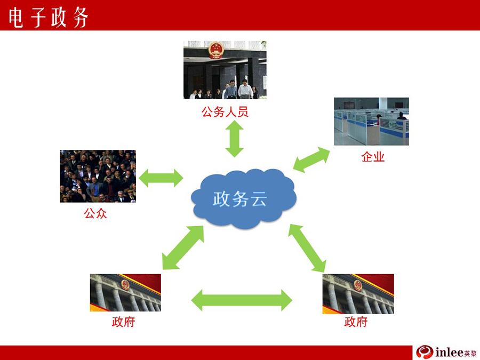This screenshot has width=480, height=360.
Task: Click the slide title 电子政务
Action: (49, 17)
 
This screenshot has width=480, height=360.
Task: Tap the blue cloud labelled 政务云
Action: (243, 198)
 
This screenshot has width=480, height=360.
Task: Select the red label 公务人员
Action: (225, 112)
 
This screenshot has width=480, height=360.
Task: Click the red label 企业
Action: (373, 157)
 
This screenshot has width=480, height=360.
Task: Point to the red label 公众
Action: (95, 213)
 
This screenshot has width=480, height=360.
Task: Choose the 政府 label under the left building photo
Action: (123, 322)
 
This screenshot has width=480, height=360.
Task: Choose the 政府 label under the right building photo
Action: (356, 322)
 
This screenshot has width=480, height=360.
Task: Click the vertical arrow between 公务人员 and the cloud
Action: (235, 139)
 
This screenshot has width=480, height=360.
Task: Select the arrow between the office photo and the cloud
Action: (311, 159)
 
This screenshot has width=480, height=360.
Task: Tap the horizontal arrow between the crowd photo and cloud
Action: (161, 178)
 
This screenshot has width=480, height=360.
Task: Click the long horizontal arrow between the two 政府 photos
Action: (242, 300)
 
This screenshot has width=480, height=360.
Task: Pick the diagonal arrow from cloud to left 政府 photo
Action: (183, 247)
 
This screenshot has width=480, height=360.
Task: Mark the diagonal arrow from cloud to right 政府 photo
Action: (307, 248)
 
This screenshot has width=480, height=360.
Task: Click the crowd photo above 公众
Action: (98, 176)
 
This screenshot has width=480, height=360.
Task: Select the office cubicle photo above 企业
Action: (371, 122)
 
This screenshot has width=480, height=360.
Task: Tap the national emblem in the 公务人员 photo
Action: (216, 50)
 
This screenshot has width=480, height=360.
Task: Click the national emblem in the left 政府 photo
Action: (125, 285)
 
